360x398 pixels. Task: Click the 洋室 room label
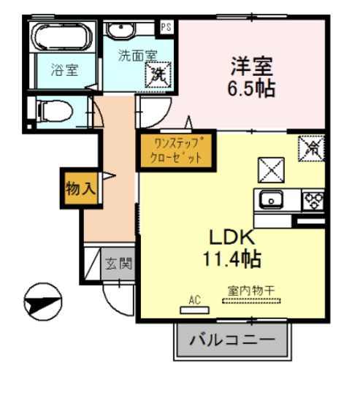(252, 66)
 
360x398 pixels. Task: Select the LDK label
(232, 238)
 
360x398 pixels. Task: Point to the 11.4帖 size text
(232, 258)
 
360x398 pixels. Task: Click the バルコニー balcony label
(232, 340)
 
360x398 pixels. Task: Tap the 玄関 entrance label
(117, 264)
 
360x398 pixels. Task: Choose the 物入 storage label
(80, 188)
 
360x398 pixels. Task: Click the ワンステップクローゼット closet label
(170, 150)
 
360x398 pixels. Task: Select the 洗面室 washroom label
(137, 54)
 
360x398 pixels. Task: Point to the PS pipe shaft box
(166, 27)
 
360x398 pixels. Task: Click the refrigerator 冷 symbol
(311, 148)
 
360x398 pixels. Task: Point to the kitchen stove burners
(313, 199)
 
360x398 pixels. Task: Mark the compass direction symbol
(42, 300)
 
